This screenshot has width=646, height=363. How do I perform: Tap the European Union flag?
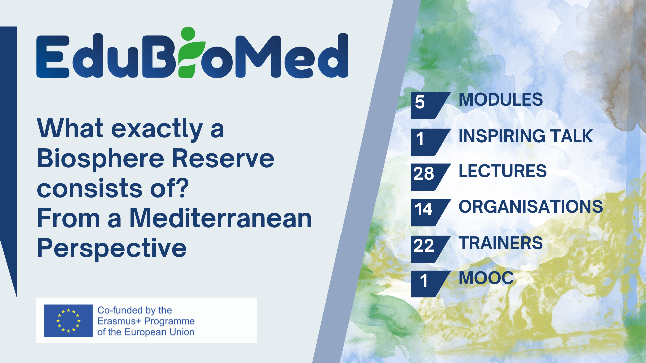pos(68,321)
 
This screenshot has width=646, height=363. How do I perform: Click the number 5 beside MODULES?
pos(420,102)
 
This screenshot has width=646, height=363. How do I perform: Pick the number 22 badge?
pos(424,246)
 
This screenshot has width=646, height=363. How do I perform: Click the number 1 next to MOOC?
pos(424,281)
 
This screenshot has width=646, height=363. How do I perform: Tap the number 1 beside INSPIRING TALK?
pos(420,139)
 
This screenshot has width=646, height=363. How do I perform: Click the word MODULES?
pos(501,100)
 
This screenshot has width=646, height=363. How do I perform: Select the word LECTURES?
pos(503,171)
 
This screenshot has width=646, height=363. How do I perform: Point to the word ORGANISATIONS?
pos(531,207)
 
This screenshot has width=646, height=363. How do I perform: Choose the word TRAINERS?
pos(501,243)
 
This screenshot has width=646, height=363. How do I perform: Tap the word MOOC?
pos(487,278)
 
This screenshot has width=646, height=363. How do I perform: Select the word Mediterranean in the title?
pos(220,218)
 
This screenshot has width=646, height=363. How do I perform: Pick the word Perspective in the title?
pos(112,249)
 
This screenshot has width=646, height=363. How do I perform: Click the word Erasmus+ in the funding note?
pos(119,321)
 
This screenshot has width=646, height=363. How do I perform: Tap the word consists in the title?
pos(90,189)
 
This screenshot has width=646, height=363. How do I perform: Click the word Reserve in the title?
pos(223,159)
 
